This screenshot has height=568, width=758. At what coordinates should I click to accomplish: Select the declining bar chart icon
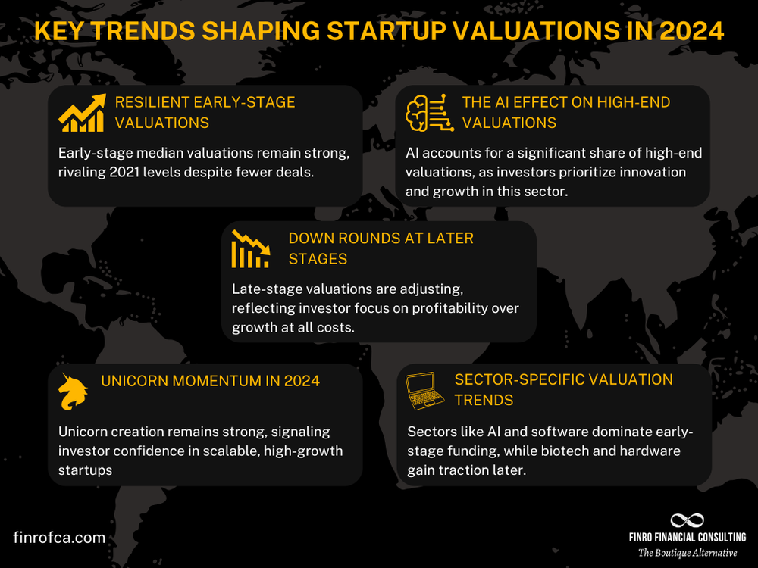click(x=250, y=249)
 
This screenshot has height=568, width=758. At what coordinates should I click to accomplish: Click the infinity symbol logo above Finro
click(x=687, y=520)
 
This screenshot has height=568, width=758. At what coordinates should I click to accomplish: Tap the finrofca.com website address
click(x=59, y=538)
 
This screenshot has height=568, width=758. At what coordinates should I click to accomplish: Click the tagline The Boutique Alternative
click(x=687, y=553)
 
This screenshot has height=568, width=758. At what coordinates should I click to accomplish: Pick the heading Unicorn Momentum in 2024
click(x=210, y=380)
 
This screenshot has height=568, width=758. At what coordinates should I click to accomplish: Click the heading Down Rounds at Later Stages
click(x=381, y=248)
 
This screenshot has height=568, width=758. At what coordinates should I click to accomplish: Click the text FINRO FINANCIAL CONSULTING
click(x=687, y=538)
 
